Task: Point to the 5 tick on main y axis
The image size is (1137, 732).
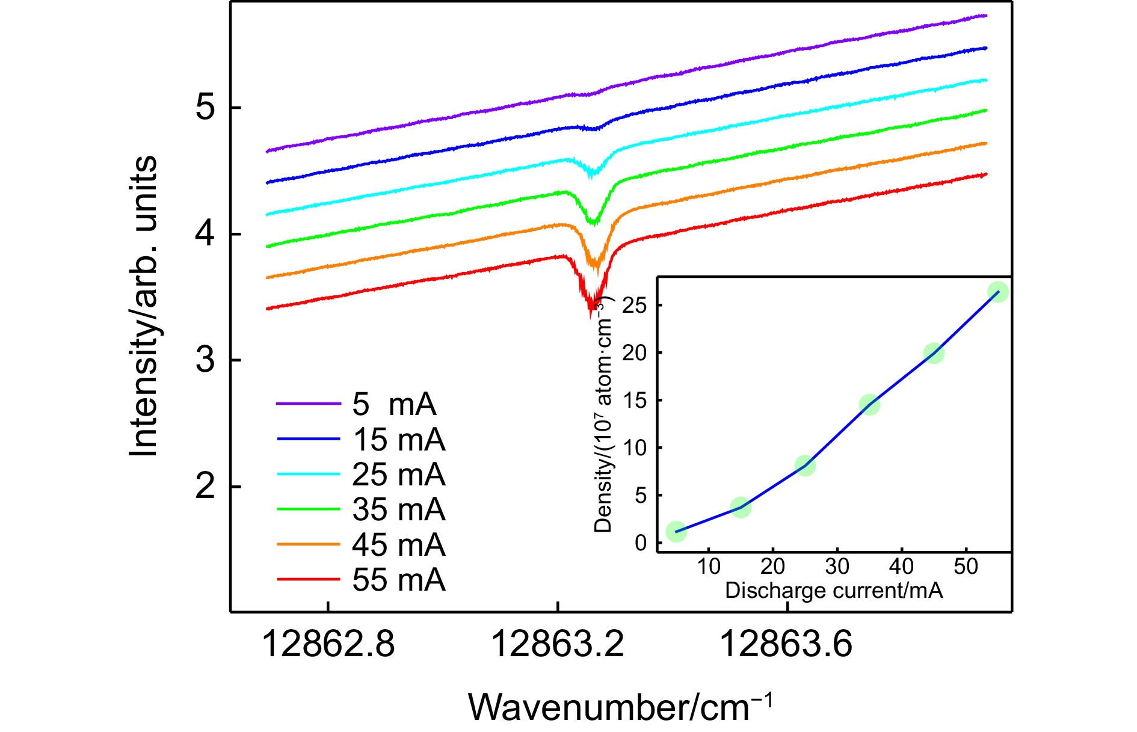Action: pyautogui.click(x=206, y=108)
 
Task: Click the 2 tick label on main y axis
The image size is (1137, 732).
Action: pyautogui.click(x=206, y=487)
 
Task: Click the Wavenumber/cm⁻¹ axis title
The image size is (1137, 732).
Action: pyautogui.click(x=620, y=706)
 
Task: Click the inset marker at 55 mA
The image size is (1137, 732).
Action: pyautogui.click(x=998, y=292)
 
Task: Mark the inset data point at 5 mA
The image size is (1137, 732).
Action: pyautogui.click(x=676, y=531)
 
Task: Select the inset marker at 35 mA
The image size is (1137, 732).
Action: pyautogui.click(x=869, y=405)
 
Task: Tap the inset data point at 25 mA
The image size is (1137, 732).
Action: pyautogui.click(x=805, y=466)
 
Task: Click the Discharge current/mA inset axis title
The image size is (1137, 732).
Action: pyautogui.click(x=834, y=590)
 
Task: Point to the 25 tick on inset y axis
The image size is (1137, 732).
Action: pyautogui.click(x=634, y=306)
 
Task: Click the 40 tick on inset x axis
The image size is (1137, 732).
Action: pyautogui.click(x=901, y=566)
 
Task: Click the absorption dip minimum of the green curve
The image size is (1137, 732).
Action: pyautogui.click(x=594, y=222)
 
